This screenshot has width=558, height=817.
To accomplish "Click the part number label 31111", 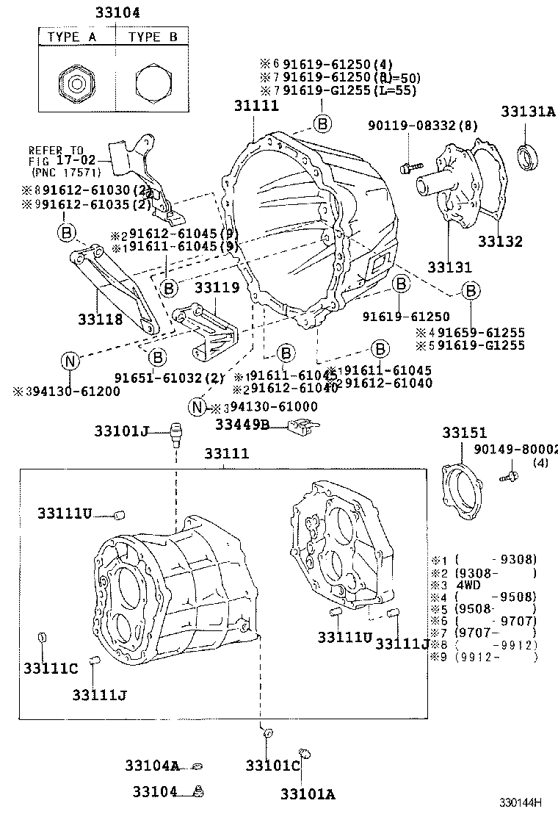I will (256, 106).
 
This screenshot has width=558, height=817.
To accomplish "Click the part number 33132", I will (500, 242).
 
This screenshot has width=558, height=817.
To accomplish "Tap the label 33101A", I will (307, 793).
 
